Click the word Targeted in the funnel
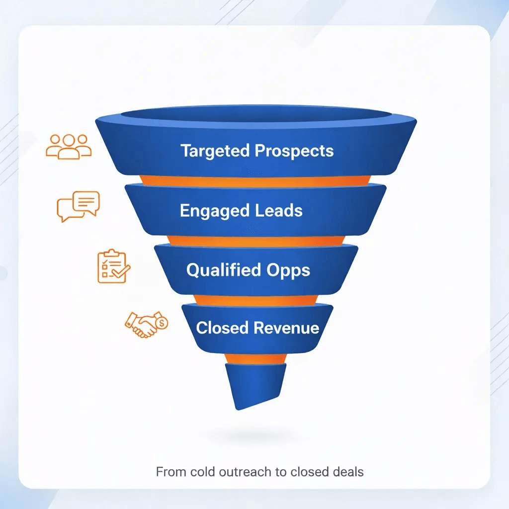tap(215, 151)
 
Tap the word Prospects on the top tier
tap(294, 151)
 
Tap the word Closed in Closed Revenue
tap(222, 328)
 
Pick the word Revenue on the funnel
tap(286, 328)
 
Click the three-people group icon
tap(69, 146)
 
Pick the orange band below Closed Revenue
tap(254, 358)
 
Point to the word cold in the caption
tap(196, 471)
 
